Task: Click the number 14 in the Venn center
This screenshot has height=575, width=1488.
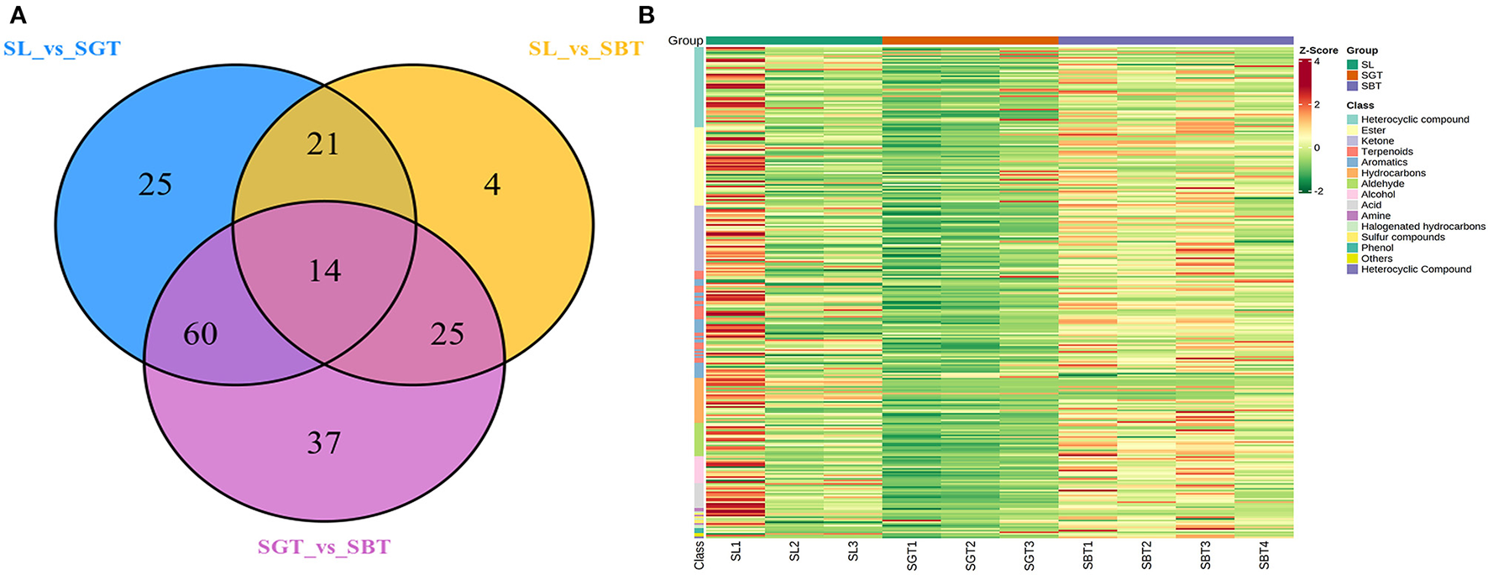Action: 324,270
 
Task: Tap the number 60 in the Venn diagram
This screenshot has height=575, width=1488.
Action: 201,334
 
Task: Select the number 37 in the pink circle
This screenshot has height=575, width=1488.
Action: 324,442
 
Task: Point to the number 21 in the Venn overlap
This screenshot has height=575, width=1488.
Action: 323,144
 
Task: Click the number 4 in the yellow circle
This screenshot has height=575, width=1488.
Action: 492,185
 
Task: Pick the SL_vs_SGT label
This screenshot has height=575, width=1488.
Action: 62,49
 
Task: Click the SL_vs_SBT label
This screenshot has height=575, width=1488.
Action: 585,49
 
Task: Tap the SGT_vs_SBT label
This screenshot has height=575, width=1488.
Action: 324,547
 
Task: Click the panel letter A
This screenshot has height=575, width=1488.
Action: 16,14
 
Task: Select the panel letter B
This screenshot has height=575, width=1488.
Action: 646,14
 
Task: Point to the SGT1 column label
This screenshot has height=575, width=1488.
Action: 912,555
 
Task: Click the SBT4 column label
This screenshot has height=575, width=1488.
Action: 1264,555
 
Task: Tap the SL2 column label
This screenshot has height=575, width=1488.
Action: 794,551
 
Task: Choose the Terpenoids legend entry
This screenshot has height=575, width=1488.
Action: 1386,152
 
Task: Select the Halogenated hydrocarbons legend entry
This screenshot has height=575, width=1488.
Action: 1423,227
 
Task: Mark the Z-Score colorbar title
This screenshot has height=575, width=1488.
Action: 1318,50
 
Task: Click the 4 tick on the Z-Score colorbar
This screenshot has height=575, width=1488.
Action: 1316,61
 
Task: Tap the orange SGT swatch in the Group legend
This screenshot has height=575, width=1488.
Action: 1352,76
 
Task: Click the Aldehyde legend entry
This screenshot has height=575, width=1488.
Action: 1382,184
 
